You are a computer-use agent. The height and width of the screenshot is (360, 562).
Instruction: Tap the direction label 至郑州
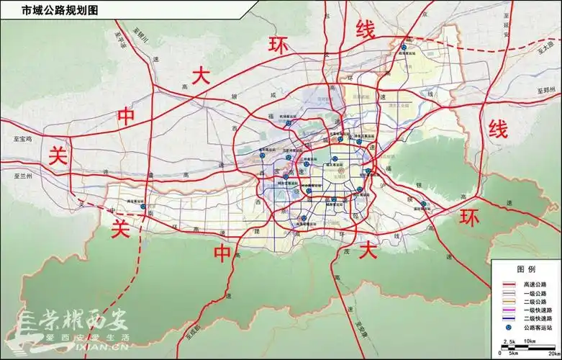(548, 90)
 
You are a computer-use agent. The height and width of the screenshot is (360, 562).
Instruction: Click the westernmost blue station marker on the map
(143, 207)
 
